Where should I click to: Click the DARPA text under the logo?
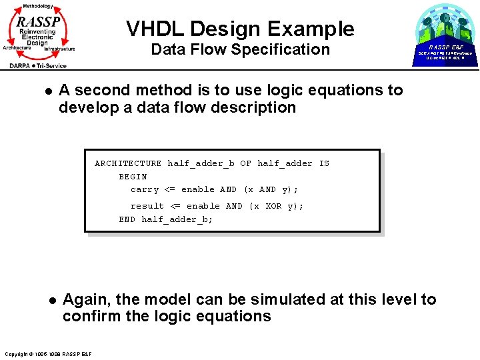click(x=23, y=65)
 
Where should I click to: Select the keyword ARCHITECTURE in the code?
click(x=128, y=163)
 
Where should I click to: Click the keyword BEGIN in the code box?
click(x=133, y=177)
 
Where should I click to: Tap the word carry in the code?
click(x=144, y=189)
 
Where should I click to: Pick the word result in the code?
click(x=147, y=206)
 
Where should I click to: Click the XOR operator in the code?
click(x=273, y=206)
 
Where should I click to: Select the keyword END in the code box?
click(x=127, y=219)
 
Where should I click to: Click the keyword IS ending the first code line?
click(x=324, y=163)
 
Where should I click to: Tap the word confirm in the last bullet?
click(x=91, y=316)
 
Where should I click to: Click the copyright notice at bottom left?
click(x=47, y=353)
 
